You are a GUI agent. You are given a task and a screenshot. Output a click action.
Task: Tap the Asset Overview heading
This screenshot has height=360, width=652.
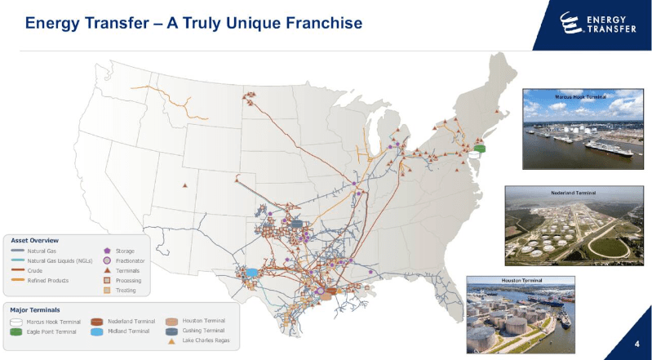point(34,241)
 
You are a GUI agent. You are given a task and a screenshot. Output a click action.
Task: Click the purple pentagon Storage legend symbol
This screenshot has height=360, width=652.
point(107,251)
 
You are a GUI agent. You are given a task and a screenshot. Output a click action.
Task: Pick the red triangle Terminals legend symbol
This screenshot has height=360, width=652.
point(107,270)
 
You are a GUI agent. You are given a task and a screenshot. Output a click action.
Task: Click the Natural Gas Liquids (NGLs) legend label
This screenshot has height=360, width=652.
point(60,260)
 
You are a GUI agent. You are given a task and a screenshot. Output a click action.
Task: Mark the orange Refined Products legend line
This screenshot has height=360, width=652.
point(16,280)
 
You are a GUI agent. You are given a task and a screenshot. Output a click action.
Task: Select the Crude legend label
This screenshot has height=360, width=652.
point(35,270)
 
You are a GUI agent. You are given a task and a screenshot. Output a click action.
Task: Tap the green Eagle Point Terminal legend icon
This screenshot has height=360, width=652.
point(16,331)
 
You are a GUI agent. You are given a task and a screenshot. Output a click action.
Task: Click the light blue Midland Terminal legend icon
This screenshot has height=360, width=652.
point(97,331)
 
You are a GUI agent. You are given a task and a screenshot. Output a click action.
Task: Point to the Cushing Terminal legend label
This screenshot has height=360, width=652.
point(205,331)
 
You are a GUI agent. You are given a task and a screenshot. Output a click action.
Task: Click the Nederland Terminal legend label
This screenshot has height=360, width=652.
point(131,322)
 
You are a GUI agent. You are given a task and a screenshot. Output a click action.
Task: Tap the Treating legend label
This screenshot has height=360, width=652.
point(126,290)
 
